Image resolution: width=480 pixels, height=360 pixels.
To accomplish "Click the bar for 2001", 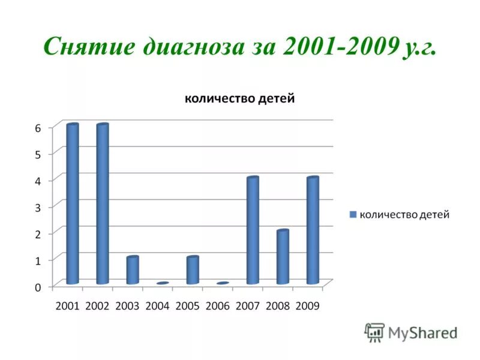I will tap(73, 204).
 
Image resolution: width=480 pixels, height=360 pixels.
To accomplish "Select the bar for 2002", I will tap(103, 204).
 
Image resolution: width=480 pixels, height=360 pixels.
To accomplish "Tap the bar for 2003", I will tap(133, 270).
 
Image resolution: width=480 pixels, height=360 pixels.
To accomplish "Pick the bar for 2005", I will tap(193, 270).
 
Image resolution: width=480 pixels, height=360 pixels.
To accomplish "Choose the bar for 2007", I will tap(253, 230).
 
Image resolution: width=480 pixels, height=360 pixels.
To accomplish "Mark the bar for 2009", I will tap(313, 230).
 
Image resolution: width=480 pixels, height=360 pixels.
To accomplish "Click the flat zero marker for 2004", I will tap(163, 283).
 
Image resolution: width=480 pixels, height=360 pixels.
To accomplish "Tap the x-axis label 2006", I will tap(218, 305).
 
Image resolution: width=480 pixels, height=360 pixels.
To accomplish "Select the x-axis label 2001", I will tap(67, 305).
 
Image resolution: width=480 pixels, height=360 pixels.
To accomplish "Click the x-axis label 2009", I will tap(308, 305).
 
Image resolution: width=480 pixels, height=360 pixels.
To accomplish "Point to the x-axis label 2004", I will tap(158, 305).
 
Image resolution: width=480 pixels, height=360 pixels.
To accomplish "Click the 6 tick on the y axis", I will tap(37, 128).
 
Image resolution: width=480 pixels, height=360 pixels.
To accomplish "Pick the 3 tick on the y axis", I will tap(37, 207).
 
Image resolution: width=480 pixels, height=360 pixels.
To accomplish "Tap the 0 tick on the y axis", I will tap(37, 287).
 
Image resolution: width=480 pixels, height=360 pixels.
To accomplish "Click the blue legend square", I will tap(353, 214).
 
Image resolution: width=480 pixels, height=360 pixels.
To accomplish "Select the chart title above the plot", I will tap(239, 99).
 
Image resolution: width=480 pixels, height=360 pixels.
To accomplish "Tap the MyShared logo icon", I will tap(375, 332).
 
